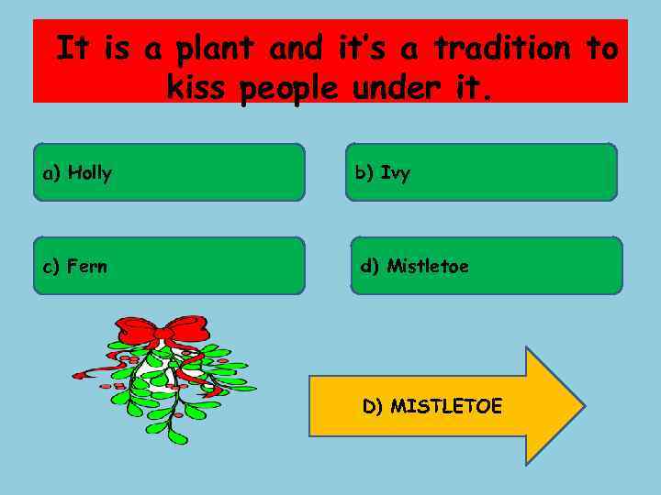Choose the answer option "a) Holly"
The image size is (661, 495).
pos(169,172)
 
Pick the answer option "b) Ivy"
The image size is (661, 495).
pos(481,172)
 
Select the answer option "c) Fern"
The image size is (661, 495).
pos(169,266)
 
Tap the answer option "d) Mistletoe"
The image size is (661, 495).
pos(486,266)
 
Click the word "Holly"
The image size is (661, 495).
pos(90,172)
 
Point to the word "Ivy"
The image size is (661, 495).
pos(396,173)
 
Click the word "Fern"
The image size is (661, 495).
pos(87,267)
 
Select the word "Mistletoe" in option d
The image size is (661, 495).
pos(428,267)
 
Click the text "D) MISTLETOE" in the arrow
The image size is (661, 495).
pos(432,406)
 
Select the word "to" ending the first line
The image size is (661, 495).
pos(601,48)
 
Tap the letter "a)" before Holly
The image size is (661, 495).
pos(51,172)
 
